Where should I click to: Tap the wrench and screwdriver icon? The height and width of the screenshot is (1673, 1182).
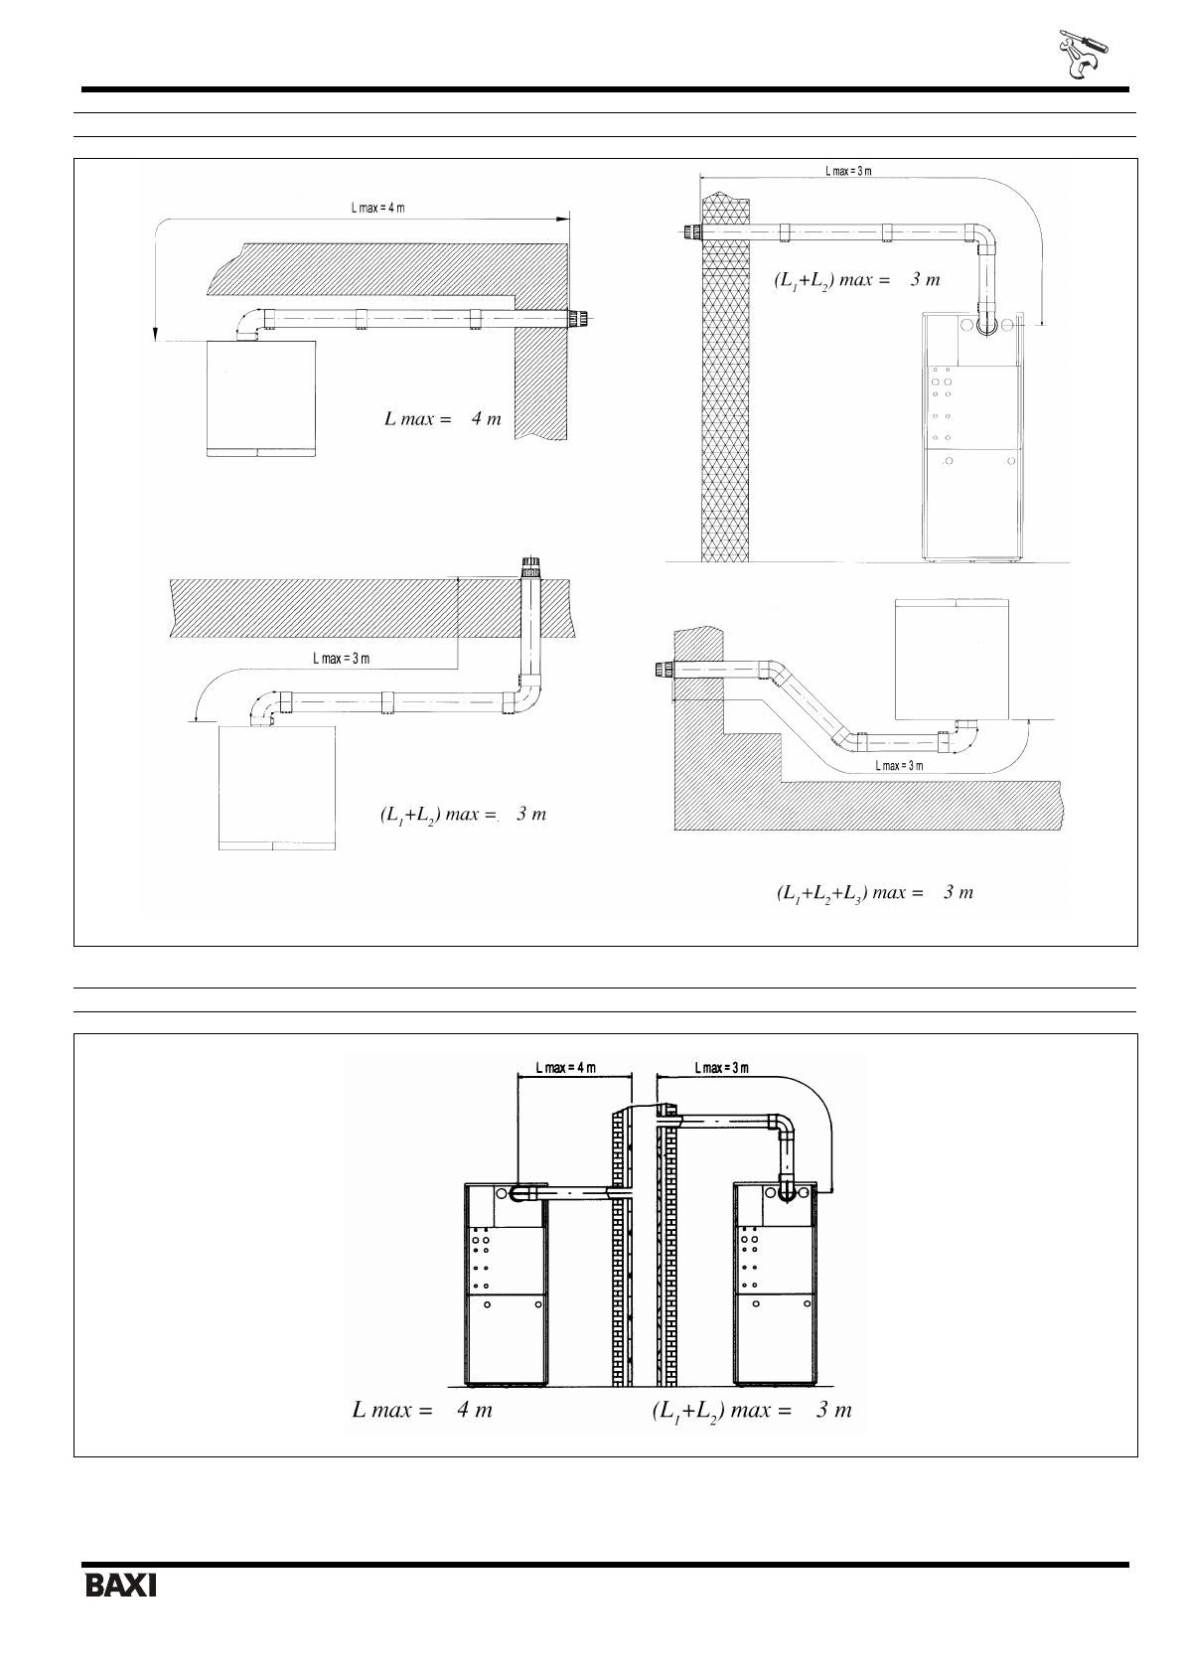click(1083, 55)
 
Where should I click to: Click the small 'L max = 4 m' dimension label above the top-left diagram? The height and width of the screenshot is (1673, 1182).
click(377, 208)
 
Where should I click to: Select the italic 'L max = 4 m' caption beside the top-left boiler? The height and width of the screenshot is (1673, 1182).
click(443, 418)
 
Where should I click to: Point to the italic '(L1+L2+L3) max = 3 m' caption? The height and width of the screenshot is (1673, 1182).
click(875, 892)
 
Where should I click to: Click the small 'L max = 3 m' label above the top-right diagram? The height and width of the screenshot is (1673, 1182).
click(848, 171)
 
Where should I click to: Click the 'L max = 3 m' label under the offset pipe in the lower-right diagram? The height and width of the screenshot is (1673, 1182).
click(899, 766)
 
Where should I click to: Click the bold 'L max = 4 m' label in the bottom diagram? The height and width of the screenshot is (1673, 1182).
click(566, 1067)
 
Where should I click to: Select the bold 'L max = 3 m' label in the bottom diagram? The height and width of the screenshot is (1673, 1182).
click(721, 1067)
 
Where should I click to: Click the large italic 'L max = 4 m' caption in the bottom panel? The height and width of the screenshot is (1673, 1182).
click(422, 1410)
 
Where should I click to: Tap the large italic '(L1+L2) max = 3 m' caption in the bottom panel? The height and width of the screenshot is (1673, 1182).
click(752, 1411)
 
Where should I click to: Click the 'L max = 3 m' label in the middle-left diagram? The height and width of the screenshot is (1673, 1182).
click(342, 658)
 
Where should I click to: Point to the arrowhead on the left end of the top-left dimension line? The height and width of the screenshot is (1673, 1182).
click(155, 333)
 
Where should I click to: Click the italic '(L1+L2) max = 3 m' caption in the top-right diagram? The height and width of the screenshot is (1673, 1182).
click(857, 280)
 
